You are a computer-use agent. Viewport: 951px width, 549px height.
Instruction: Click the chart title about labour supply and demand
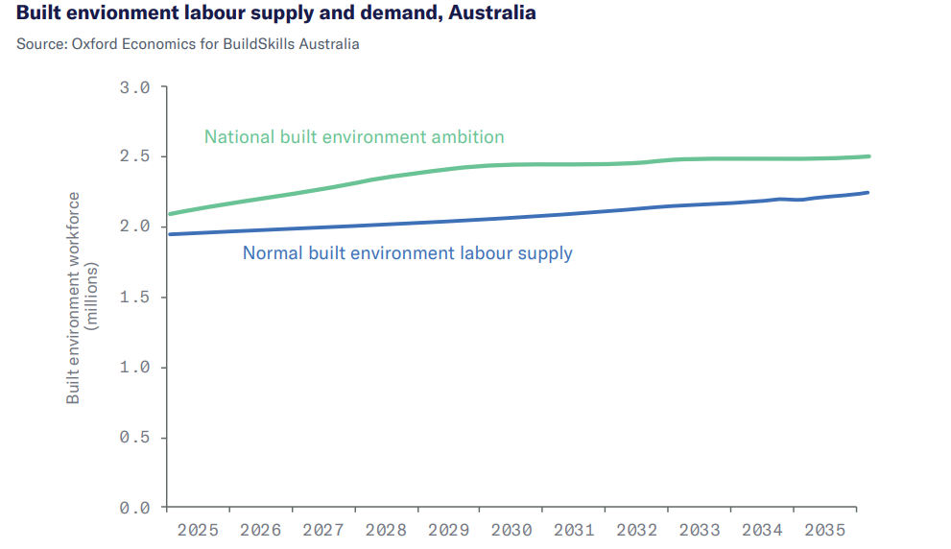click(276, 14)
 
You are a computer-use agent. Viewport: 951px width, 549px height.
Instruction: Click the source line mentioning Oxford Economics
click(188, 44)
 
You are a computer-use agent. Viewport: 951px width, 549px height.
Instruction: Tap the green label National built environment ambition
click(354, 136)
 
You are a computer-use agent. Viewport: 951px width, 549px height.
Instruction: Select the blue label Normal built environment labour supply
click(408, 253)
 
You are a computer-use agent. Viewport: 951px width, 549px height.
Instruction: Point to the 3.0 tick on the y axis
click(135, 87)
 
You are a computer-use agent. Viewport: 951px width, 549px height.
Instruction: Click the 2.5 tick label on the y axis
click(135, 156)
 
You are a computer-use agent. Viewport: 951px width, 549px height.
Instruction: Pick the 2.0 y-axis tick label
click(135, 227)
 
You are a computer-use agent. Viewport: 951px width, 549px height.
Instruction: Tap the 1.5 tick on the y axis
click(135, 297)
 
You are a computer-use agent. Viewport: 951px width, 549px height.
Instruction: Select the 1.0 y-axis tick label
click(135, 367)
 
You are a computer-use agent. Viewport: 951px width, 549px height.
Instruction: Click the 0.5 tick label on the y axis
click(135, 437)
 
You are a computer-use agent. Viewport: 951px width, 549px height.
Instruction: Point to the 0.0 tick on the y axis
click(135, 507)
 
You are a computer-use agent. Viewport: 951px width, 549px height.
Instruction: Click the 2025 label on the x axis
click(198, 530)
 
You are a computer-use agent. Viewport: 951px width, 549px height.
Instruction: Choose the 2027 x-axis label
click(322, 530)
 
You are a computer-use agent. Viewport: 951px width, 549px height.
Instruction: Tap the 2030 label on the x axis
click(511, 530)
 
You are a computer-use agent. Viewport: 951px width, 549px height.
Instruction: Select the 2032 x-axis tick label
click(636, 530)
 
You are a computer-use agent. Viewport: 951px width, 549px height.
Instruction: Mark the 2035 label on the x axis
click(824, 530)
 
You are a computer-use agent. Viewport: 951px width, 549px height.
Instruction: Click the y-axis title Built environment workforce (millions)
click(83, 298)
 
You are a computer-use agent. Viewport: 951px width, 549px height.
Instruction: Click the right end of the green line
click(868, 156)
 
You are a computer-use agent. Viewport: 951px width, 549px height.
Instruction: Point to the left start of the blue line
click(169, 234)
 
